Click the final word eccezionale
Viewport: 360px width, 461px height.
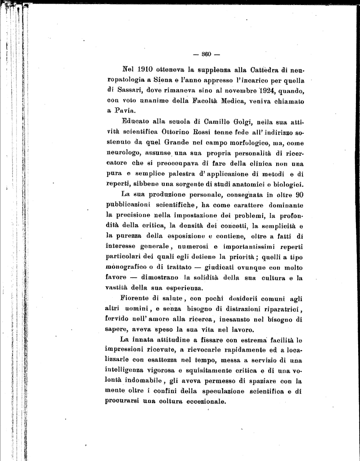point(201,402)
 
